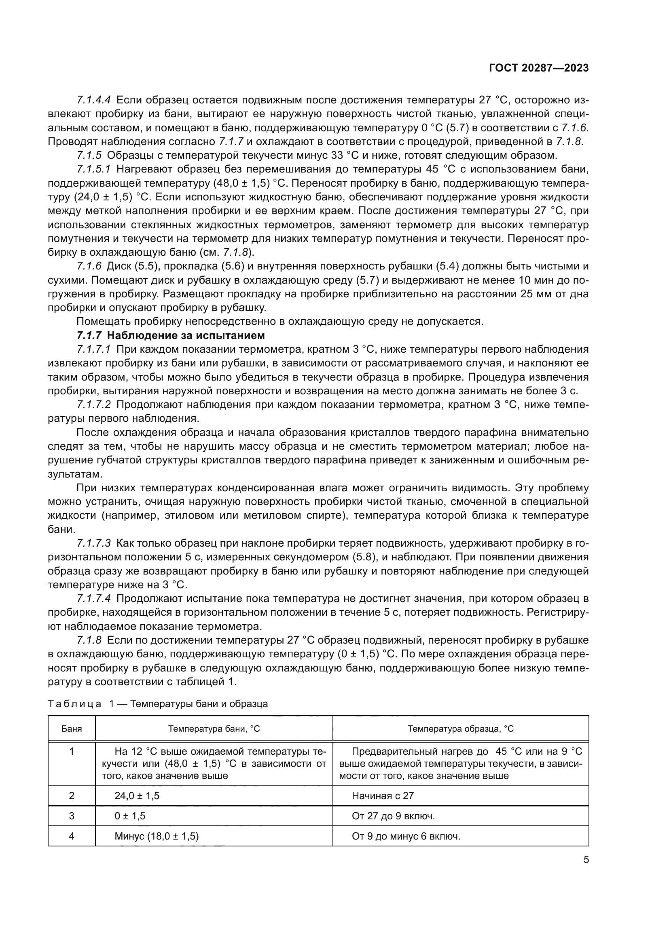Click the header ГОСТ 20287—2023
[x=538, y=68]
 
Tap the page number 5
[x=586, y=859]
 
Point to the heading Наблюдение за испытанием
[x=186, y=335]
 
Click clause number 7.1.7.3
[x=93, y=543]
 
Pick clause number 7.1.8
[x=89, y=640]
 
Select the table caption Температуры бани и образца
[x=199, y=703]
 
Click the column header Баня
[x=72, y=729]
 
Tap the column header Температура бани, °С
[x=214, y=729]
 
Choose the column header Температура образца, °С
[x=461, y=729]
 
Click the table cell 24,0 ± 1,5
[x=137, y=796]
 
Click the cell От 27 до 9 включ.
[x=393, y=816]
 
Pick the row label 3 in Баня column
[x=72, y=816]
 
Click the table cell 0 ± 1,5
[x=130, y=816]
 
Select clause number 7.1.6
[x=89, y=266]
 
